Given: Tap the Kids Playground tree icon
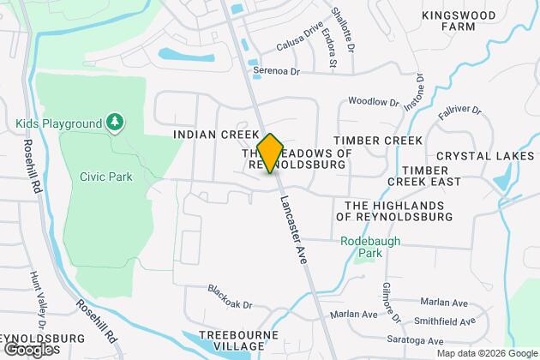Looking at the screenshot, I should tap(114, 123).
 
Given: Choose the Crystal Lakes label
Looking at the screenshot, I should tap(485, 156).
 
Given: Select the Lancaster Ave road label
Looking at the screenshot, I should tap(292, 234).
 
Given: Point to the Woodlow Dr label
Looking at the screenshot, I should tap(374, 102).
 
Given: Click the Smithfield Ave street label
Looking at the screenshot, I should tap(442, 322).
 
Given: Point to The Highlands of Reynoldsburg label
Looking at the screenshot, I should tap(399, 211).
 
